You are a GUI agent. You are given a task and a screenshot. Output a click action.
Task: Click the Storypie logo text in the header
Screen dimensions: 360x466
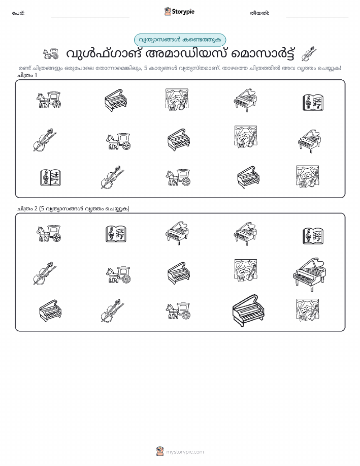click(183, 12)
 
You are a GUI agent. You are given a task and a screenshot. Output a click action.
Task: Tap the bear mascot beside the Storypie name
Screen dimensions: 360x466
click(168, 11)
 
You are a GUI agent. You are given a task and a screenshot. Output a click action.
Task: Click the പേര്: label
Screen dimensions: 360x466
click(18, 13)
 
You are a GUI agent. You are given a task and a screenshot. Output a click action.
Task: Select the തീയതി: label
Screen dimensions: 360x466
click(259, 13)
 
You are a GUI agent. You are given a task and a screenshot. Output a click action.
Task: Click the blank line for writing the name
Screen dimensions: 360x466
click(90, 17)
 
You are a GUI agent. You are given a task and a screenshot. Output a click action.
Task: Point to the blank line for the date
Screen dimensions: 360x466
click(317, 17)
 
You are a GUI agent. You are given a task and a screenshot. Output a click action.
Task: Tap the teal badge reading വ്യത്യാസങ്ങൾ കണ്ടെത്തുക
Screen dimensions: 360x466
click(180, 40)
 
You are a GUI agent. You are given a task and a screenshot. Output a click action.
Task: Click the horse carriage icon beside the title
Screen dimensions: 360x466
click(50, 53)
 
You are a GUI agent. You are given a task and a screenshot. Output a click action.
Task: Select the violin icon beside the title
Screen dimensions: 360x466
click(309, 54)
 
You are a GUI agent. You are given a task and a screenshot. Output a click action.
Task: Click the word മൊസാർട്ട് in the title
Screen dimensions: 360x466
click(263, 54)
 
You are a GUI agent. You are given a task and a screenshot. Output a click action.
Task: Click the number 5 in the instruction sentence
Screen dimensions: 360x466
click(145, 68)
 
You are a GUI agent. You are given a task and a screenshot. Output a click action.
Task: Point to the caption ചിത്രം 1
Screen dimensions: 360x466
click(27, 75)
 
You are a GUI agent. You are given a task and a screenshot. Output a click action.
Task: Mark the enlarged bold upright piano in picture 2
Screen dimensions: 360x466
click(248, 310)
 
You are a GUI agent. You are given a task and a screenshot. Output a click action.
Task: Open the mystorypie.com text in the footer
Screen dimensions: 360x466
click(185, 452)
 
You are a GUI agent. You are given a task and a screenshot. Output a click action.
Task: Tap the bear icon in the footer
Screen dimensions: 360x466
click(160, 451)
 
